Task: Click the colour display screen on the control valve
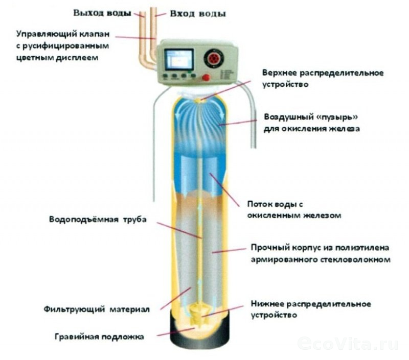179,60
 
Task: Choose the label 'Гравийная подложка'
100,337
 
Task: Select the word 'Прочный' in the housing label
268,248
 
